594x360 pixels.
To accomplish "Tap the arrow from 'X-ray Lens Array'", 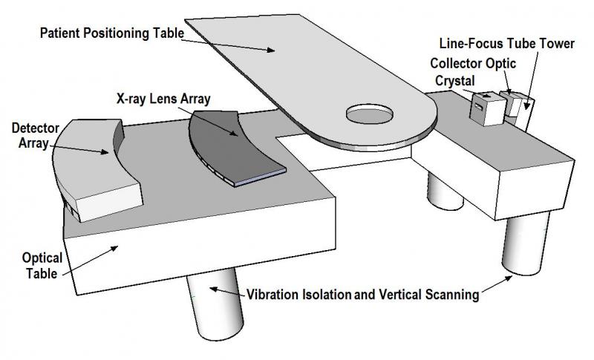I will coord(216,124).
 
